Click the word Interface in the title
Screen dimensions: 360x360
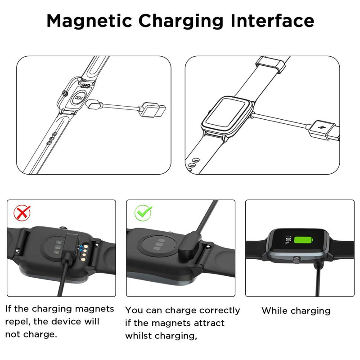[272, 21]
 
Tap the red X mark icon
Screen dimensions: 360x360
[22, 213]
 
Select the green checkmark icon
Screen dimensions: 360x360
[143, 212]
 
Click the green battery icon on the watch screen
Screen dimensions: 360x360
[303, 241]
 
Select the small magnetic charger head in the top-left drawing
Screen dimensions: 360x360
[94, 104]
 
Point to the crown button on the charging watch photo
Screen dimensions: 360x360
[297, 260]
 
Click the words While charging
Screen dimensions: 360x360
[296, 311]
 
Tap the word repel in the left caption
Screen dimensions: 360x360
[18, 322]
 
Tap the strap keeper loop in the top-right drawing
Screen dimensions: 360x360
[271, 64]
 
